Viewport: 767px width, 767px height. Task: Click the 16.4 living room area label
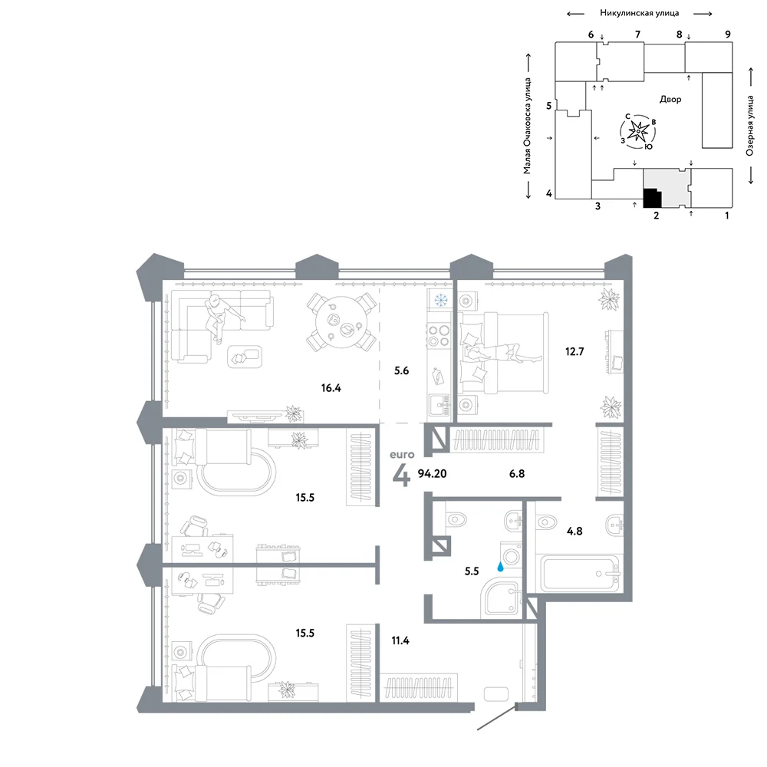tap(331, 388)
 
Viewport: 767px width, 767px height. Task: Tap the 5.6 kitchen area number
tap(401, 370)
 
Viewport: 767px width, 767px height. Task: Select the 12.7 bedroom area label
tap(574, 351)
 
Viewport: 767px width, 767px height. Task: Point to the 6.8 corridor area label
tap(516, 473)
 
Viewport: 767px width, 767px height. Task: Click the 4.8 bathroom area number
tap(574, 531)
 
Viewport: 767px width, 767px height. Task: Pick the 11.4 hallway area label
tap(400, 640)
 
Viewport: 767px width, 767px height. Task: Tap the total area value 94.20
tap(432, 473)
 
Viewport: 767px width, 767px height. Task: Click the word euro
tap(402, 454)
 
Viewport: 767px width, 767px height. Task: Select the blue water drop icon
tap(500, 567)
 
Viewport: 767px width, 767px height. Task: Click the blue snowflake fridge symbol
tap(442, 299)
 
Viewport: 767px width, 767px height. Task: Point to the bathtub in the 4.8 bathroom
tap(580, 574)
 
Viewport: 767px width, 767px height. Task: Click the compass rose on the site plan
tap(638, 131)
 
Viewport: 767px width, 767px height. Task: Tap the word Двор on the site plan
tap(670, 99)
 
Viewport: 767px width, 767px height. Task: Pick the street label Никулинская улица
tap(640, 13)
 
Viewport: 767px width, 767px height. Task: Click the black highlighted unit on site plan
tap(652, 198)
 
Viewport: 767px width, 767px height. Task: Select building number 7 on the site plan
tap(637, 35)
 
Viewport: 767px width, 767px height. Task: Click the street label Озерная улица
tap(750, 126)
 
